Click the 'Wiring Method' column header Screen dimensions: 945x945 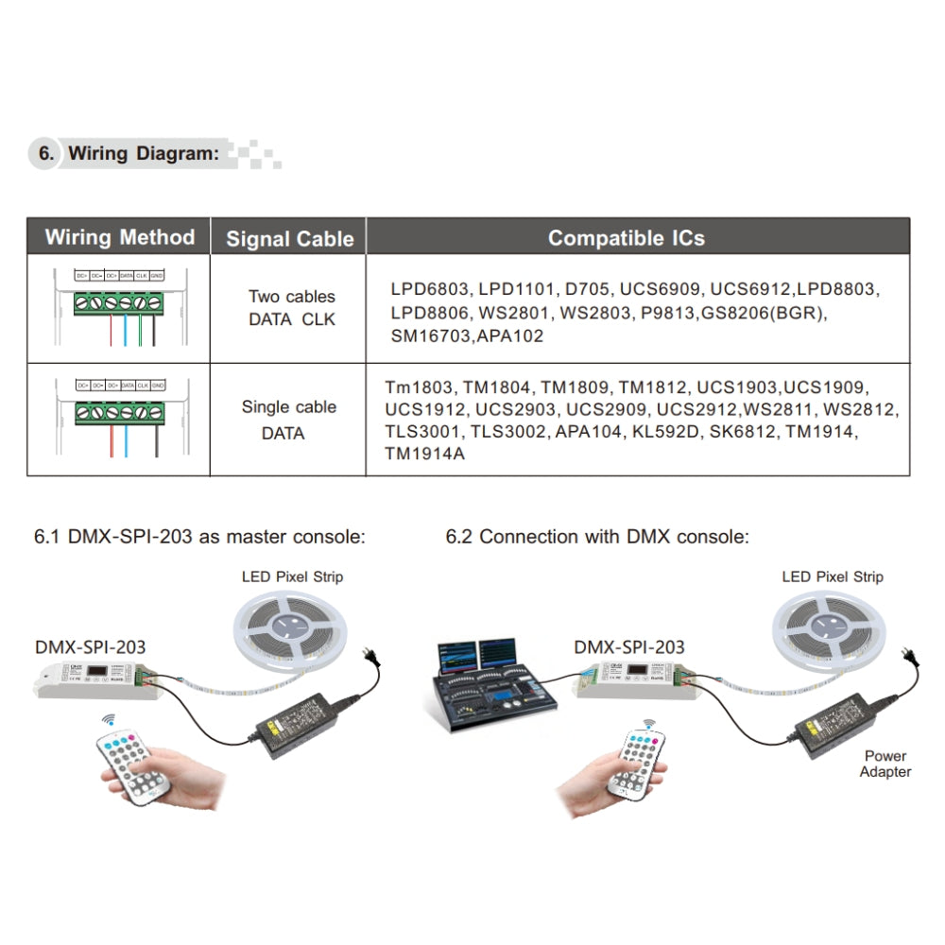[x=119, y=237]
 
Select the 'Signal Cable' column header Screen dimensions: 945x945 [x=289, y=239]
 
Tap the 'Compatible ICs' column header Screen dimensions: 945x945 [x=626, y=238]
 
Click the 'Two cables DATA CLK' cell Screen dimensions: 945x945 [x=291, y=308]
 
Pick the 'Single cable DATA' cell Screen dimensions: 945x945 [x=288, y=420]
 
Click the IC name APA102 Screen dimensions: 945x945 [x=510, y=335]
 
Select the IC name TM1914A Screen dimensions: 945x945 [x=424, y=454]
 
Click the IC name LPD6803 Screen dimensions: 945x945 [x=429, y=288]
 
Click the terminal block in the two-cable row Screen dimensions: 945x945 [x=120, y=302]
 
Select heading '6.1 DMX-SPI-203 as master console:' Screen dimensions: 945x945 [x=199, y=537]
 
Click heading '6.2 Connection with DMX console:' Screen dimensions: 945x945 [x=597, y=537]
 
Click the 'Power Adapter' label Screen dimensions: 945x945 [x=885, y=764]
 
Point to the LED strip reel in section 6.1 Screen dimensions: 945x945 [x=291, y=627]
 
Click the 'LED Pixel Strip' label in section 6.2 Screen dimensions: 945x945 [x=833, y=576]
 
